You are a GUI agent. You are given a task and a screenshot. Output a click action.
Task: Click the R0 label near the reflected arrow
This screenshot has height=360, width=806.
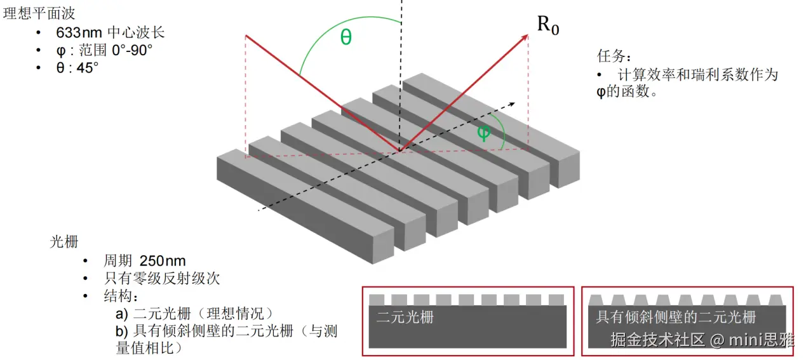click(x=547, y=25)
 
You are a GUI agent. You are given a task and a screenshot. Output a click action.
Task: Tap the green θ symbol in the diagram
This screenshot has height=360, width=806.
click(x=346, y=37)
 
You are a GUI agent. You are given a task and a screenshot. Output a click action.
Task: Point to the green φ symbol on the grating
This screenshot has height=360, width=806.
click(x=483, y=133)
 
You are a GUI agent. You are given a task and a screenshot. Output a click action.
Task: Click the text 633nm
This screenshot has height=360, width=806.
click(x=79, y=33)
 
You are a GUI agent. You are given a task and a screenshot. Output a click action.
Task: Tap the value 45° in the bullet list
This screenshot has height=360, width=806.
click(x=87, y=67)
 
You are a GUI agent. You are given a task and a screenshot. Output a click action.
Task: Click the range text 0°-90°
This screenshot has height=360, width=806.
click(x=132, y=50)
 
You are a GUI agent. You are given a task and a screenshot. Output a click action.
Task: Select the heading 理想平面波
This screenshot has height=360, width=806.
click(x=39, y=13)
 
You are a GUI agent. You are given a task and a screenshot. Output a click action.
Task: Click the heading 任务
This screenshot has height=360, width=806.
click(x=614, y=56)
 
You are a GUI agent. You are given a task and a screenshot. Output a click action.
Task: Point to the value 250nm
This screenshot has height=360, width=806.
click(x=163, y=261)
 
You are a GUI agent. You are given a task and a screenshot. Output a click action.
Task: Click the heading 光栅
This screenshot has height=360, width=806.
click(x=64, y=242)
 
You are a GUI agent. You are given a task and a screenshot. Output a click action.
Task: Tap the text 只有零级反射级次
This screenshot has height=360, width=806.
click(x=162, y=278)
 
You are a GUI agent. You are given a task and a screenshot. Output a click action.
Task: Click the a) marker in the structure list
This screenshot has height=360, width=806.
click(x=121, y=314)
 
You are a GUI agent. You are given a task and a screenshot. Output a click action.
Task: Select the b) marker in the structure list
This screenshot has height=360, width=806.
click(x=121, y=331)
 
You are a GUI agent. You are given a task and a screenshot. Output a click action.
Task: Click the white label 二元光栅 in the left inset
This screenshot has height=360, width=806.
click(x=405, y=317)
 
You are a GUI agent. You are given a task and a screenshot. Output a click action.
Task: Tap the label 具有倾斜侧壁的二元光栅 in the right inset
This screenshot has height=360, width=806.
click(x=676, y=317)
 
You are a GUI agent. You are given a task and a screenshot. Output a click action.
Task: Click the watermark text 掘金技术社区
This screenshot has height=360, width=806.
click(x=657, y=340)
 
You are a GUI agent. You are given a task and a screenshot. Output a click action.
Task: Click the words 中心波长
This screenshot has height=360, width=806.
click(x=136, y=32)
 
